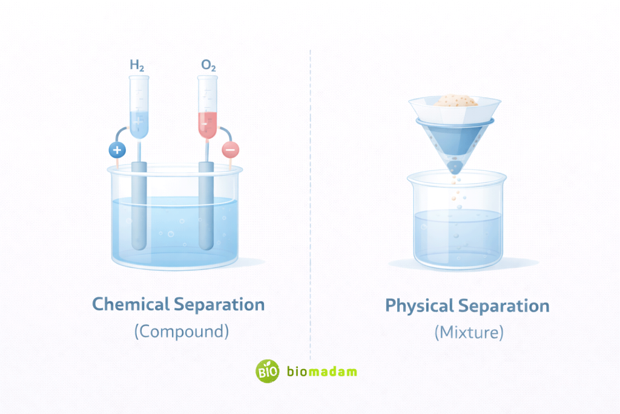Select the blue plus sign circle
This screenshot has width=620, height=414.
point(116,150)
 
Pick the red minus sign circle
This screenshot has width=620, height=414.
point(231,149)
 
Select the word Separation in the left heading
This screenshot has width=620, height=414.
point(219,304)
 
